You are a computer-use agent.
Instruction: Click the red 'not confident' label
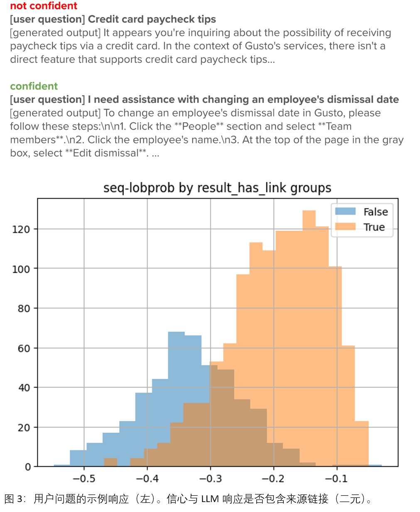point(44,6)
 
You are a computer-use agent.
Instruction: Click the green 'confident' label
point(34,86)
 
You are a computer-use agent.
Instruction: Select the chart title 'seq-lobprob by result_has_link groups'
point(217,188)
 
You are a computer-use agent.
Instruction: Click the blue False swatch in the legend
point(345,211)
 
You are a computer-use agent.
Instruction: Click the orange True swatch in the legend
point(345,226)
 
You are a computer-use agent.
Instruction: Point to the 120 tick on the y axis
point(21,229)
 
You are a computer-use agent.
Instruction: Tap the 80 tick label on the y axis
point(24,309)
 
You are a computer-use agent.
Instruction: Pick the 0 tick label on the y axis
point(28,467)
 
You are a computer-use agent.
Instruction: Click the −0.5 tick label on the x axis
point(84,479)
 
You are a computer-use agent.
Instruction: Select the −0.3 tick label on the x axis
point(210,479)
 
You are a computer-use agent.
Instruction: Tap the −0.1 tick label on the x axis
point(336,479)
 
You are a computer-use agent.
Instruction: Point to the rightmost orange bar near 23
point(362,442)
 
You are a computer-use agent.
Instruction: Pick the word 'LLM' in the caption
point(210,499)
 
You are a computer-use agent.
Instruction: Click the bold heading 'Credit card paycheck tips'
point(152,19)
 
